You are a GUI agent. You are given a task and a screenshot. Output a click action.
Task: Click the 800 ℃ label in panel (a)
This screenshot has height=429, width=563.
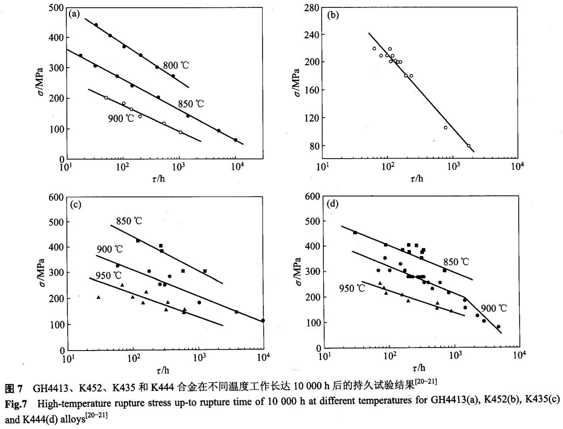(x=176, y=66)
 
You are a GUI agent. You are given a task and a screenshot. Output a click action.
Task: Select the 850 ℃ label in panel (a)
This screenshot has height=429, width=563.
(x=191, y=104)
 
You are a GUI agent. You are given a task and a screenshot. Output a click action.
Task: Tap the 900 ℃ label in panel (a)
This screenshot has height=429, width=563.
(x=121, y=118)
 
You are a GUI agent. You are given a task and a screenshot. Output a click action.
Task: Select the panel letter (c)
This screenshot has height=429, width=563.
(x=75, y=205)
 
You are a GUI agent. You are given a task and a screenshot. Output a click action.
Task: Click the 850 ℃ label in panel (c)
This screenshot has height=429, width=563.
(x=129, y=221)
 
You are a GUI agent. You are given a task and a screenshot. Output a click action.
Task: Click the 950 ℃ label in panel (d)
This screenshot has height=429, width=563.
(x=352, y=288)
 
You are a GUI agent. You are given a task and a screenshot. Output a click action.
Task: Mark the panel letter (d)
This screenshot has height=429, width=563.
(x=333, y=204)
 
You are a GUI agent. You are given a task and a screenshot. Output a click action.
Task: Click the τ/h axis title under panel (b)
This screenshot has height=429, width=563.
(x=417, y=179)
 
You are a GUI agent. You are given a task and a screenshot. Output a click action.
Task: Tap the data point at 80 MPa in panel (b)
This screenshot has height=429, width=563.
(x=469, y=146)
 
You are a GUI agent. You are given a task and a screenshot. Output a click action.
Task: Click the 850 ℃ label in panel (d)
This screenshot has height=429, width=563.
(x=456, y=262)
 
